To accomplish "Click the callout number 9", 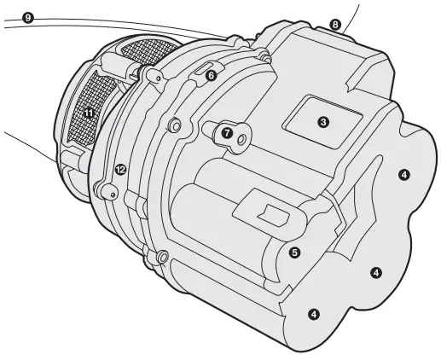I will pyautogui.click(x=29, y=17).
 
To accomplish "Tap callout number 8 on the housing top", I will pyautogui.click(x=335, y=25).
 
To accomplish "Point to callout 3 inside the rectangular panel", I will pyautogui.click(x=322, y=122).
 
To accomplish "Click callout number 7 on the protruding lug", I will pyautogui.click(x=226, y=133).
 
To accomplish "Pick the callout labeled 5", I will pyautogui.click(x=294, y=253).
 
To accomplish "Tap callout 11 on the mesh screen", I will pyautogui.click(x=89, y=111).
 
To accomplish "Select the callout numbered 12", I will pyautogui.click(x=120, y=170).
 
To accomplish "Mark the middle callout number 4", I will pyautogui.click(x=376, y=272).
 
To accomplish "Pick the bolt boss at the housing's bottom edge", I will pyautogui.click(x=160, y=255).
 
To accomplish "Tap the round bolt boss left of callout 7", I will pyautogui.click(x=175, y=125).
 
